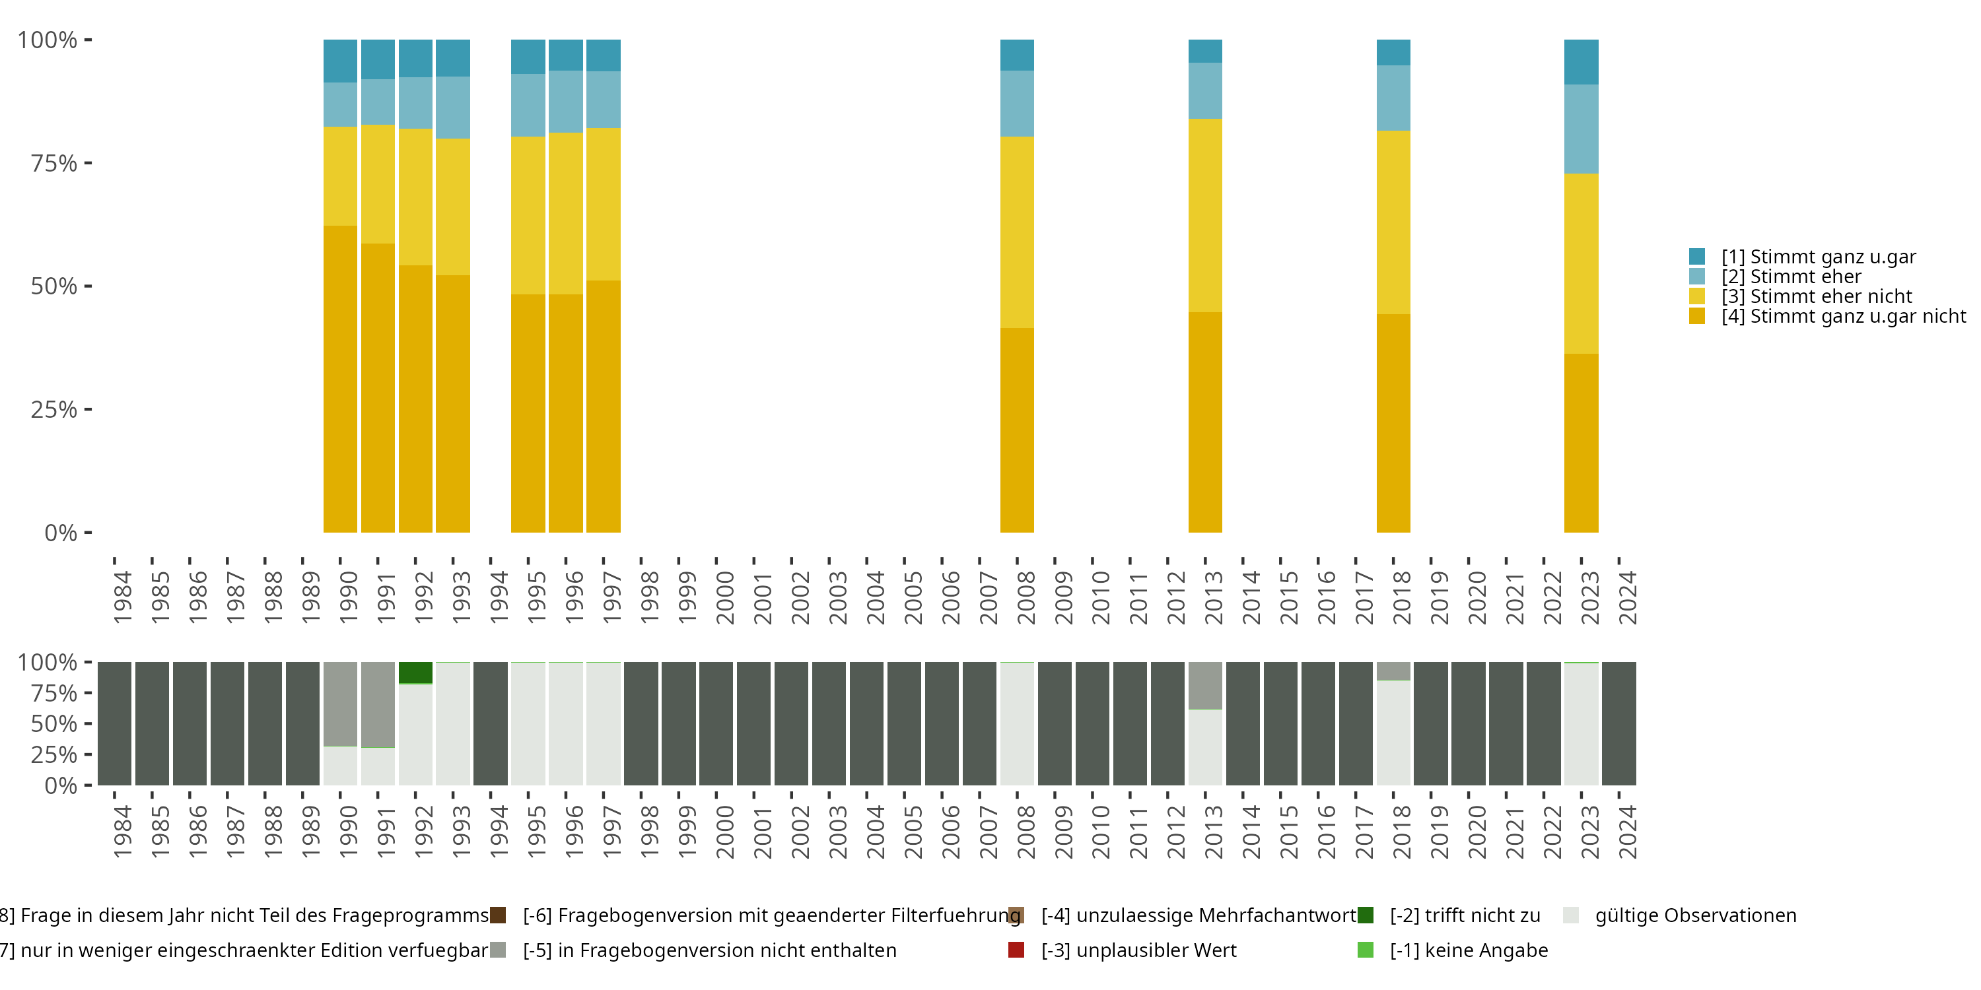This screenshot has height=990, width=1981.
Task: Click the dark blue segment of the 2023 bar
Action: pyautogui.click(x=1581, y=61)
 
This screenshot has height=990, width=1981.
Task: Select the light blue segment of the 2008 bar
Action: pyautogui.click(x=1017, y=103)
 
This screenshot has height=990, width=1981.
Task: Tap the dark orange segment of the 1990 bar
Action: pyautogui.click(x=340, y=378)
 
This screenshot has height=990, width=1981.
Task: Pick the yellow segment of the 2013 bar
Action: pyautogui.click(x=1205, y=215)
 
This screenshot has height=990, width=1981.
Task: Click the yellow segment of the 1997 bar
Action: pyautogui.click(x=603, y=204)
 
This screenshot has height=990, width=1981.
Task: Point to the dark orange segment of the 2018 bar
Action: pyautogui.click(x=1393, y=423)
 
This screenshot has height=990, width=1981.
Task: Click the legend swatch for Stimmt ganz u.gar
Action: pyautogui.click(x=1697, y=256)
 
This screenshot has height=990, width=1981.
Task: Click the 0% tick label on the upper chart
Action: pyautogui.click(x=61, y=533)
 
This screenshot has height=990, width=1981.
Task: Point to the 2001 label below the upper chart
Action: pyautogui.click(x=762, y=598)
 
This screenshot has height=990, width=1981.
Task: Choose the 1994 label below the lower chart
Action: pyautogui.click(x=499, y=832)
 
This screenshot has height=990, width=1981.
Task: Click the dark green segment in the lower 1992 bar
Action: pyautogui.click(x=415, y=673)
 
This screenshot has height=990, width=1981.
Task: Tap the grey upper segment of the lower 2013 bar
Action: pyautogui.click(x=1205, y=685)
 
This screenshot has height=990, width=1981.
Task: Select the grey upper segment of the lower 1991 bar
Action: pyautogui.click(x=378, y=704)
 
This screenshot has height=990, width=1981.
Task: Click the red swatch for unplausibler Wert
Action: pyautogui.click(x=1016, y=950)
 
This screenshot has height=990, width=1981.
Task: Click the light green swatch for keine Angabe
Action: pyautogui.click(x=1365, y=950)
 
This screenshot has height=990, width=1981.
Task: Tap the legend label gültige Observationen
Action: pyautogui.click(x=1695, y=915)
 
